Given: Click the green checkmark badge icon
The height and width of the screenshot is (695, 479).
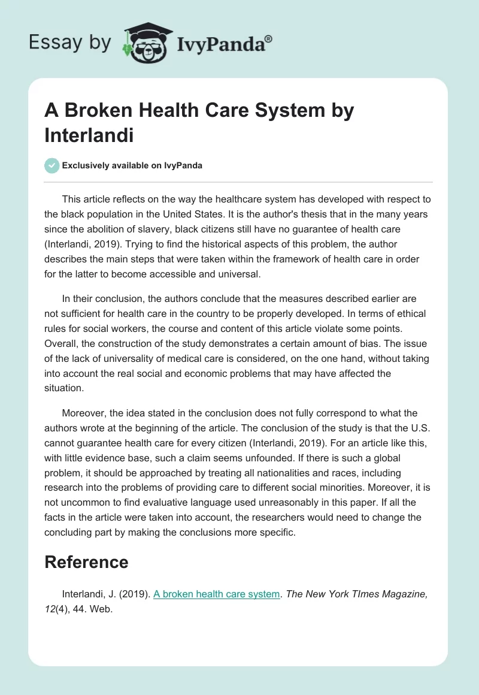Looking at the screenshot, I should coord(51,165).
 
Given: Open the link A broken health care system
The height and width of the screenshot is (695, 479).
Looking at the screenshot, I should coord(217,594).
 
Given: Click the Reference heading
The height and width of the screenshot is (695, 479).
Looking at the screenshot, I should coord(86,561).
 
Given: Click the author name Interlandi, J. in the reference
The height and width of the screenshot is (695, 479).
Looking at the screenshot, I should coord(87,594).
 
